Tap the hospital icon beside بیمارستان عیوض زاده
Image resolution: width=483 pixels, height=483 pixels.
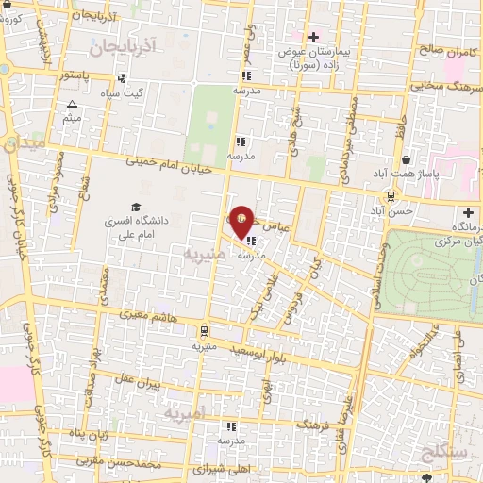coord(313,37)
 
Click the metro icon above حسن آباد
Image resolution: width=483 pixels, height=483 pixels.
coord(389,195)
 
